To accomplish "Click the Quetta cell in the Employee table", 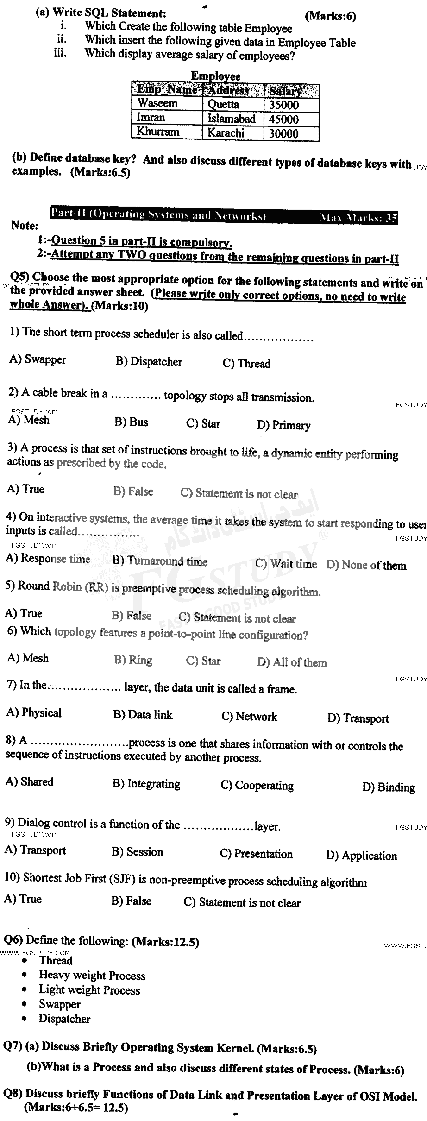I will pos(223,105).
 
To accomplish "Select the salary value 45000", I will pos(283,119).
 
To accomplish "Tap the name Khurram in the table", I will pos(157,132).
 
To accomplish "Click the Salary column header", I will pos(285,90).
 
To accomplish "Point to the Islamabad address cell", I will pos(232,119).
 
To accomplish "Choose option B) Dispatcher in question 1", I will pos(149,362).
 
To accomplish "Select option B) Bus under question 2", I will pos(132,422).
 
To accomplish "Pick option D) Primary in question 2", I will pos(283,425).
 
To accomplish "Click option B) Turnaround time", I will pos(160,561).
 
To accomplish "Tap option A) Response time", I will pos(48,559).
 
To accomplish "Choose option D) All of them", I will pos(292,662).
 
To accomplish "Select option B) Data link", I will pos(143,715).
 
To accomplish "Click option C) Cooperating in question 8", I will pos(257,786).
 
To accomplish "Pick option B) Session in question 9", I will pos(138,852).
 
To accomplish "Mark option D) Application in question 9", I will pos(361,856).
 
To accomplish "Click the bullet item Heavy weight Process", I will pos(92,975).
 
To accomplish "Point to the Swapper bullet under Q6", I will pos(60,1004).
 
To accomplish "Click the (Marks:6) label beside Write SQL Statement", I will pos(330,16).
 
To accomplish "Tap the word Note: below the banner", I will pos(24,226).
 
